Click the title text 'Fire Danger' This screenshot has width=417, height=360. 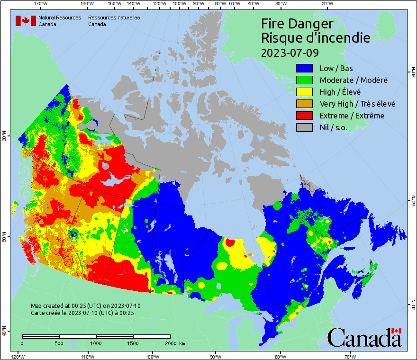point(297,24)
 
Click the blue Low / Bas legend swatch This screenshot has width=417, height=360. point(304,68)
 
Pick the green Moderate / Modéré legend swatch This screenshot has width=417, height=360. point(304,80)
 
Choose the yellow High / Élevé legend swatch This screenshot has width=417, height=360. point(304,92)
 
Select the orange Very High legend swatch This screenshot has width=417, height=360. point(304,104)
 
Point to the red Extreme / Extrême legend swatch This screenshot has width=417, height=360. point(304,116)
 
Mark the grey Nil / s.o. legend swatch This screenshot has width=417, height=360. point(304,127)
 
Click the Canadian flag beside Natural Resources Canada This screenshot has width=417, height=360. point(26,21)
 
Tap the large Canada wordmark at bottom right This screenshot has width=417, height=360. point(364,337)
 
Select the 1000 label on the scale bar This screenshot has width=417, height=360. point(96,343)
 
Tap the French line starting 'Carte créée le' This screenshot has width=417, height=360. point(82,313)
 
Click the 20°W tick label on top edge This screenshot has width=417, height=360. point(326,3)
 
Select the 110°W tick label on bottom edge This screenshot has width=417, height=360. point(87,356)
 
